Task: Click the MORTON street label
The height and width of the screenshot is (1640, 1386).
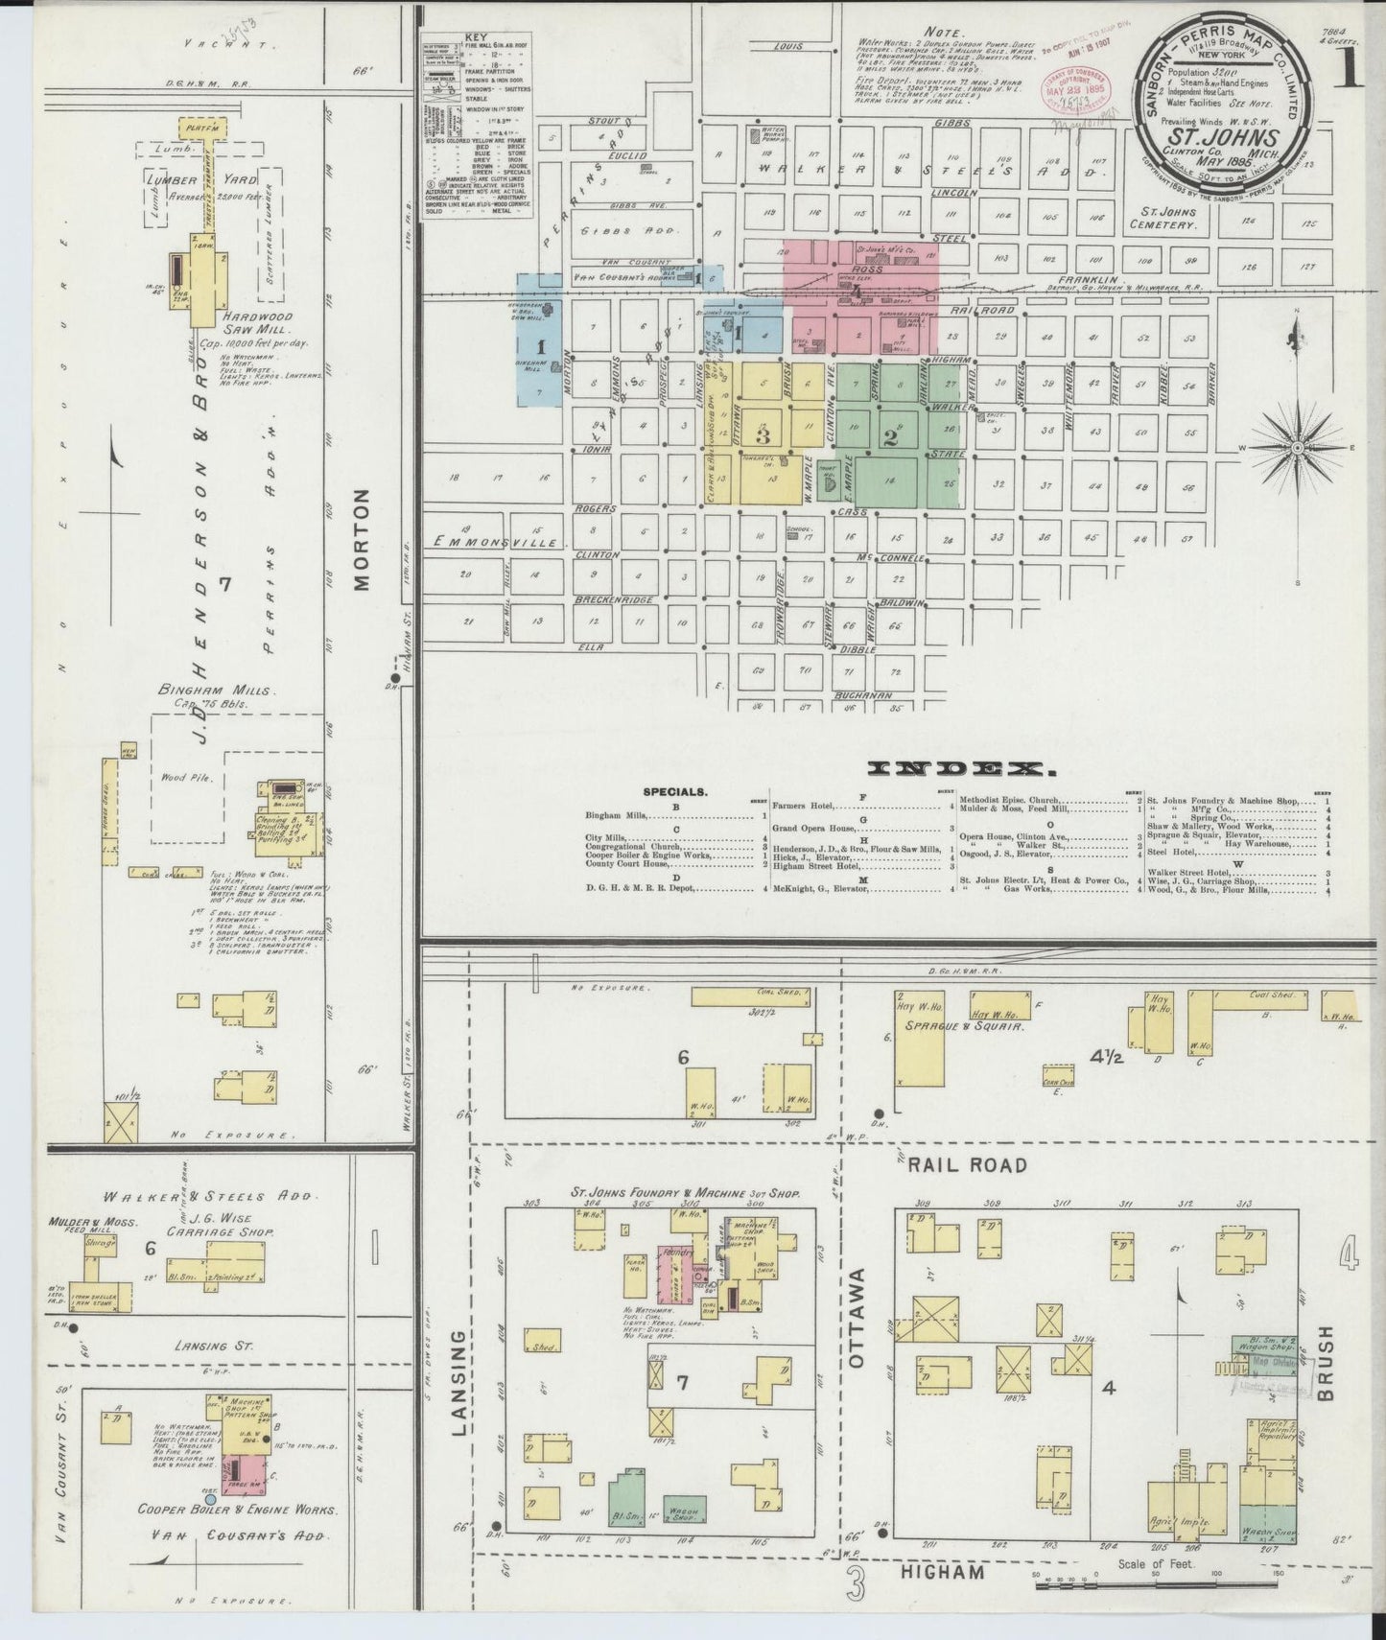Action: [363, 542]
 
